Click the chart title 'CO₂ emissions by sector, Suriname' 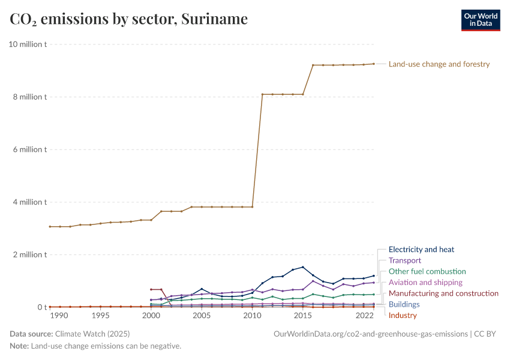[x=128, y=19]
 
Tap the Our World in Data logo [x=480, y=19]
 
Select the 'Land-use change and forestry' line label [x=439, y=64]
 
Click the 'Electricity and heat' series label [x=421, y=250]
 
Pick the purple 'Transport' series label [x=405, y=261]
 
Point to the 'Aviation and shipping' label [x=425, y=283]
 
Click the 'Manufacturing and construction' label [x=443, y=293]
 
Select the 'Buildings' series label [x=404, y=305]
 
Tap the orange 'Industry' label [x=403, y=316]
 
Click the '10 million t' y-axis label [x=28, y=44]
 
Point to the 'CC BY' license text [x=487, y=334]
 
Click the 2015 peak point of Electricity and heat [x=303, y=267]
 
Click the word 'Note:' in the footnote [x=19, y=346]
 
